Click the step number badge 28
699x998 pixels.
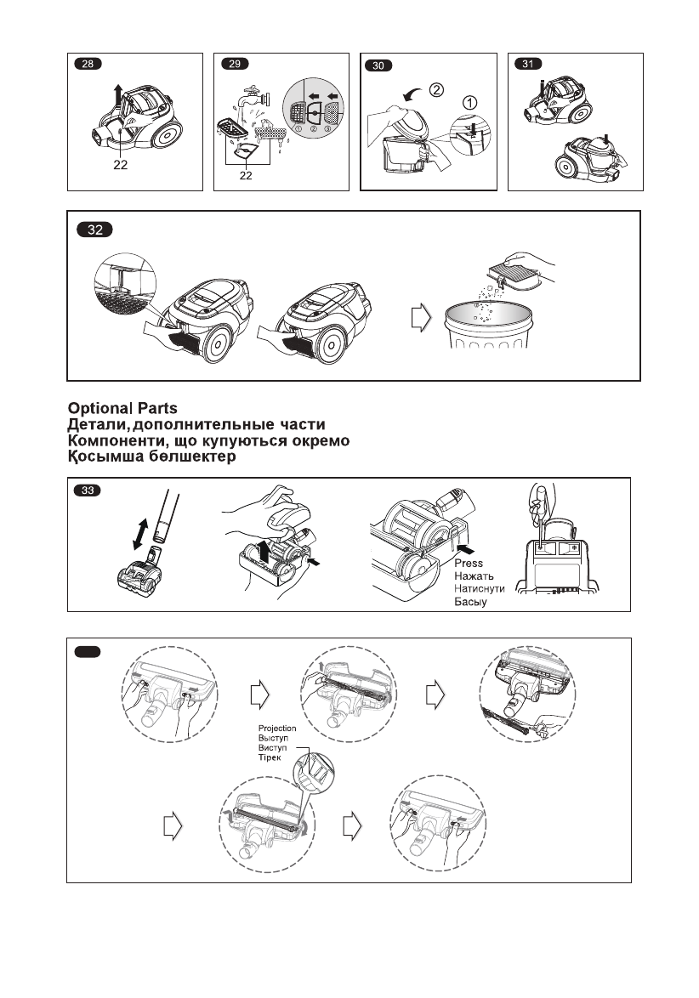coord(87,65)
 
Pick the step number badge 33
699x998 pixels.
coord(88,490)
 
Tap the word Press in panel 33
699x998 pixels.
coord(469,564)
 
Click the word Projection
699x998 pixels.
coord(278,728)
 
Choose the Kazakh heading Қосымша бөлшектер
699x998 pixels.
coord(151,456)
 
